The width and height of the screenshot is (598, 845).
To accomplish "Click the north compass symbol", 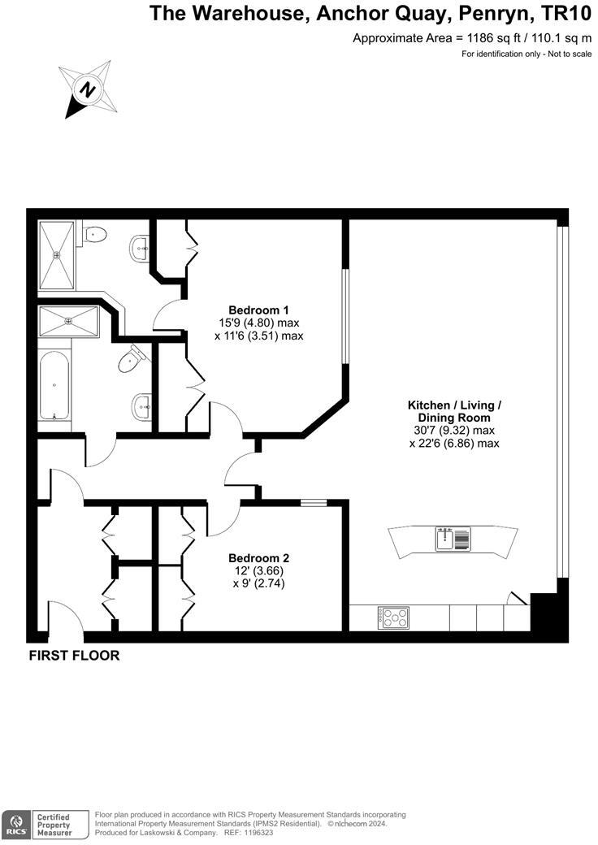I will point(86,88).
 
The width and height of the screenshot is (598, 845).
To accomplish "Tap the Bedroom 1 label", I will point(258,310).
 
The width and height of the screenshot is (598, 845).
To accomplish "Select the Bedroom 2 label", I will point(258,558).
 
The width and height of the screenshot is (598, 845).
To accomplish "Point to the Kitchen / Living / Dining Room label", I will point(454,410).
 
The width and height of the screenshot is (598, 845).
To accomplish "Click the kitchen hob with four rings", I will point(392,618).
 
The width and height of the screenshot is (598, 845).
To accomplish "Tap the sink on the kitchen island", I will point(444,539).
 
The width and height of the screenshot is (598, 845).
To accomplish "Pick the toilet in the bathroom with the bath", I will point(130,359).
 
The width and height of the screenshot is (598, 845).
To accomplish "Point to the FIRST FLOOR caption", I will point(74,656).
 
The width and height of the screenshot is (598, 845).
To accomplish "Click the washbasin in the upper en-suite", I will point(138,248).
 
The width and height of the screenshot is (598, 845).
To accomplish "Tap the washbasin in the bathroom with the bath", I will point(141,405).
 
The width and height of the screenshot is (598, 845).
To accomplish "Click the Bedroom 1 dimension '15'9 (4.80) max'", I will point(258,323).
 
